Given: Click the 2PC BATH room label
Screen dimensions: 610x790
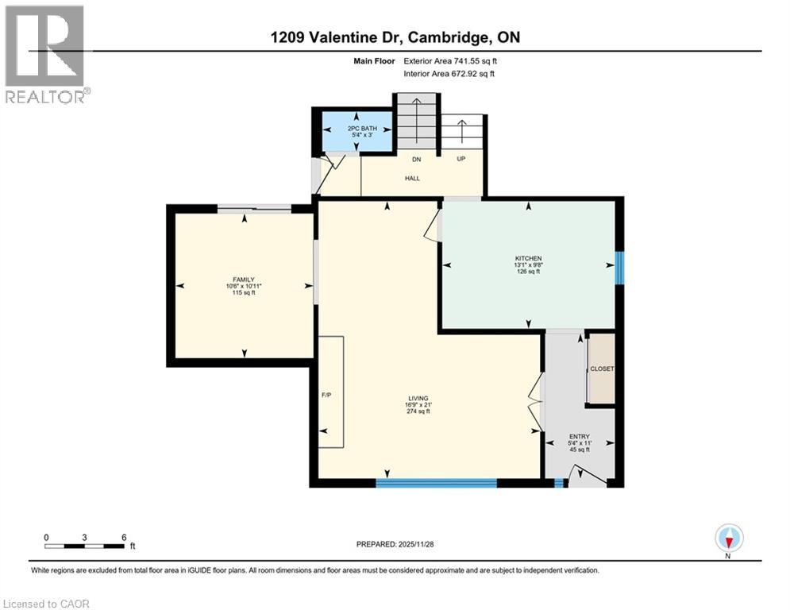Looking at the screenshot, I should pyautogui.click(x=356, y=128).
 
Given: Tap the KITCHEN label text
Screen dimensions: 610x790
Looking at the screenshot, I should pyautogui.click(x=528, y=258).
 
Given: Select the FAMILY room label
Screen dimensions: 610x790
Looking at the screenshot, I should pyautogui.click(x=244, y=280).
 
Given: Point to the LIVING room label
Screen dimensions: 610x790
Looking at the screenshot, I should pyautogui.click(x=418, y=399).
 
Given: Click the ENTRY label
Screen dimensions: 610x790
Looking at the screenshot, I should pyautogui.click(x=579, y=437).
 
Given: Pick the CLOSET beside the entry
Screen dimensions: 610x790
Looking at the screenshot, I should pyautogui.click(x=601, y=369).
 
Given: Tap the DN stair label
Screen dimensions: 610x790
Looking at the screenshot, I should pyautogui.click(x=416, y=160).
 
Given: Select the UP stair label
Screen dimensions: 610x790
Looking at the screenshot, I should pyautogui.click(x=461, y=160).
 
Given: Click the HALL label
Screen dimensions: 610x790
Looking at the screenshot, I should pyautogui.click(x=412, y=179).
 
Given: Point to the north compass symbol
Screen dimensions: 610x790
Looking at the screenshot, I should pyautogui.click(x=728, y=539).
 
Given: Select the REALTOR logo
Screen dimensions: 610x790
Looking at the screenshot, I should pyautogui.click(x=45, y=54).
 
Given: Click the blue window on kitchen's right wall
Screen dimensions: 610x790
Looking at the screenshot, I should pyautogui.click(x=620, y=268).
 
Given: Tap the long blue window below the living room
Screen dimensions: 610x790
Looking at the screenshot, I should pyautogui.click(x=436, y=482).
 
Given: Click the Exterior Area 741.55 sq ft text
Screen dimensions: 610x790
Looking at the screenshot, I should pyautogui.click(x=449, y=60).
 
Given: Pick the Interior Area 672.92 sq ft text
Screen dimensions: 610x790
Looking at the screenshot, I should pyautogui.click(x=449, y=74).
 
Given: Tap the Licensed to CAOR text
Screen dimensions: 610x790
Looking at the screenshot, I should pyautogui.click(x=47, y=604).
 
